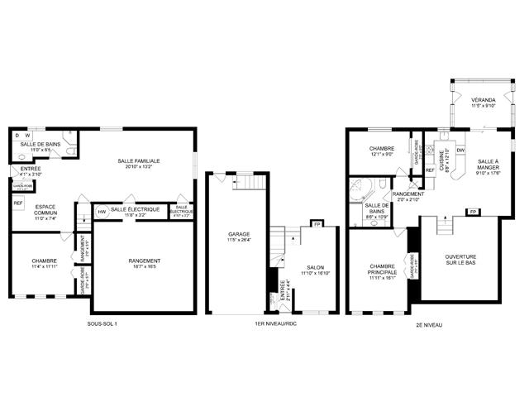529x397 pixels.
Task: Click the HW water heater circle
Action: [102, 212]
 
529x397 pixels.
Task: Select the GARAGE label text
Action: [239, 234]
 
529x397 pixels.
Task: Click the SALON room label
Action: [316, 267]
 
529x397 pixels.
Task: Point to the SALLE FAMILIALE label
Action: [138, 160]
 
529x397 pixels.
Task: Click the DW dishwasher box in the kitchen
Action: [460, 150]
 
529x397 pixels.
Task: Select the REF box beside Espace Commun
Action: [17, 203]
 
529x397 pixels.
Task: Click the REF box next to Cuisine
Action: [430, 170]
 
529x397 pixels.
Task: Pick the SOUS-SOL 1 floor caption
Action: [102, 324]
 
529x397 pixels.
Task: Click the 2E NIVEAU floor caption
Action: [429, 325]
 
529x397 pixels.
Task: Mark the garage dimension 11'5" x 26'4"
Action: [239, 241]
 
